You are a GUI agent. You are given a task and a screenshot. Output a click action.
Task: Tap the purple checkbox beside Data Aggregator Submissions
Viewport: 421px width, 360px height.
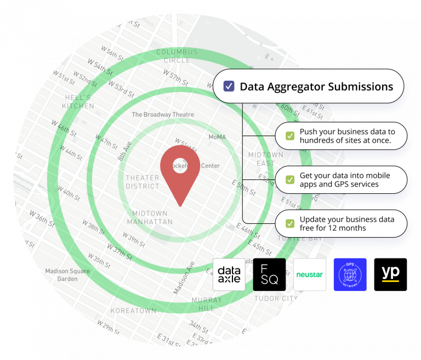[229, 86]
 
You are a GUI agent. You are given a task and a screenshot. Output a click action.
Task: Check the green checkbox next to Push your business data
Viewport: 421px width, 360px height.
[289, 136]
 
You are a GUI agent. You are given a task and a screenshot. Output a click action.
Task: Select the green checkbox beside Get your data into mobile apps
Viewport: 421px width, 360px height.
[289, 179]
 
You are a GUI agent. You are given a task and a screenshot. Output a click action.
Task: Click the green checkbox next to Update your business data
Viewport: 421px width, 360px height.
[289, 223]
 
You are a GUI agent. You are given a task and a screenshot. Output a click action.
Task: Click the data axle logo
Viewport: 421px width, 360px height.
[229, 274]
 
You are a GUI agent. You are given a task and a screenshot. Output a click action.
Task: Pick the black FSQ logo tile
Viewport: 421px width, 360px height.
[269, 274]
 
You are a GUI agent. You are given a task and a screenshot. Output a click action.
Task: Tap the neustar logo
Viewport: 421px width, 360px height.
[310, 274]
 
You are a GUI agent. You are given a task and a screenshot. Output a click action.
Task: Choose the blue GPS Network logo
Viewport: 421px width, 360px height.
[350, 274]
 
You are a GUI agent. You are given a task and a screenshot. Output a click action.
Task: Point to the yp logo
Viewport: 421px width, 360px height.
[390, 273]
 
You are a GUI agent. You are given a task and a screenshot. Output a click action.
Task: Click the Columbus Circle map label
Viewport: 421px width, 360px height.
[177, 56]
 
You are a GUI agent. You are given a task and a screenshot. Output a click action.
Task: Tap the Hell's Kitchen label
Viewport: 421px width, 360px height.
[78, 102]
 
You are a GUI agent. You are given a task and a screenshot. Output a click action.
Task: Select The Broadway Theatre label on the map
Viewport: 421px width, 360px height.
[163, 115]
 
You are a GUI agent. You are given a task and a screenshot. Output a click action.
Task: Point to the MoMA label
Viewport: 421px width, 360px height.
[218, 137]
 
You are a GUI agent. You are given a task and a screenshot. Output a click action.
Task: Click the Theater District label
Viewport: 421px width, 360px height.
[143, 182]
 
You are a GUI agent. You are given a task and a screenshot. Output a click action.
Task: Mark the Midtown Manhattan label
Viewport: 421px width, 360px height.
[150, 217]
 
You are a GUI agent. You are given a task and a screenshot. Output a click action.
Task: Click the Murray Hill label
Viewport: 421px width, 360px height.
[206, 304]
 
